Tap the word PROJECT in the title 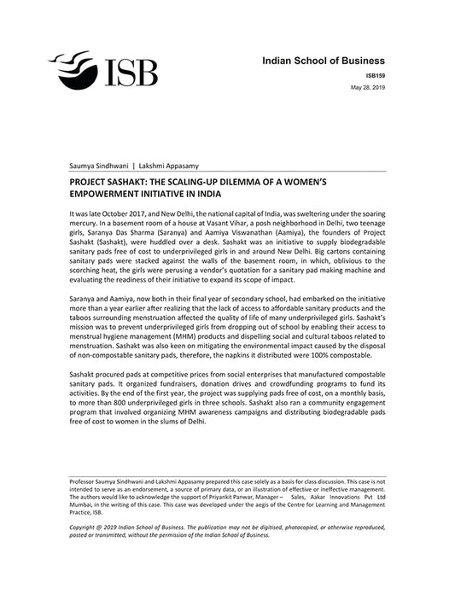89,181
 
